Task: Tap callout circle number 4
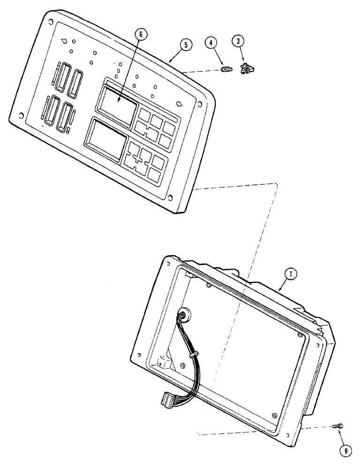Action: (211, 43)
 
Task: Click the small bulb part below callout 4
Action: (226, 70)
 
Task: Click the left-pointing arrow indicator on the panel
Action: (64, 41)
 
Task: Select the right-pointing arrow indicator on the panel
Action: (179, 104)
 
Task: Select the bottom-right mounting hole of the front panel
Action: (170, 198)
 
